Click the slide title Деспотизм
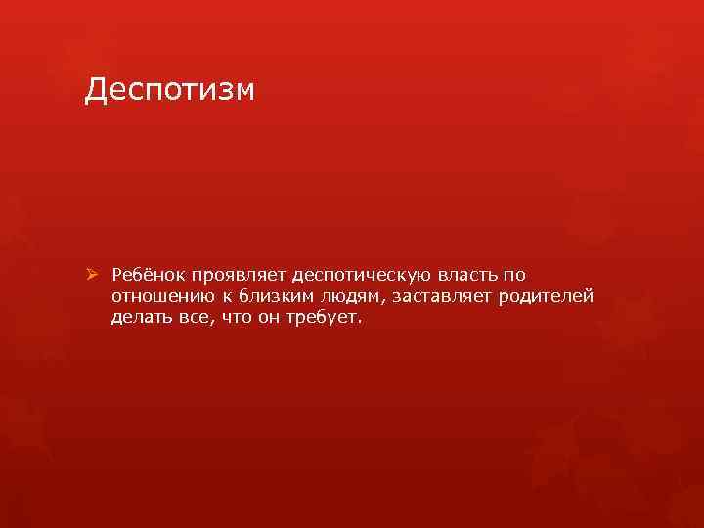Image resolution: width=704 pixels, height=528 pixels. click(x=169, y=90)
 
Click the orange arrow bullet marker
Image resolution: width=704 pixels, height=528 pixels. click(x=92, y=274)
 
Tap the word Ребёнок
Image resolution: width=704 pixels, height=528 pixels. click(x=148, y=275)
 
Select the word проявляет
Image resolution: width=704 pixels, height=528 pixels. click(x=238, y=276)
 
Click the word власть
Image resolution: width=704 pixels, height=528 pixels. click(x=467, y=275)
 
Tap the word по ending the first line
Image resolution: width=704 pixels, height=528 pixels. click(x=514, y=276)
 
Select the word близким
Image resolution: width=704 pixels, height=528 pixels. click(x=276, y=296)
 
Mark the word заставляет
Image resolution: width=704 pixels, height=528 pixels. click(x=442, y=297)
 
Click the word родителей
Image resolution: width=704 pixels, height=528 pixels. click(x=546, y=297)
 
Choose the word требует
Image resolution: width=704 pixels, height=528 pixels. click(x=322, y=318)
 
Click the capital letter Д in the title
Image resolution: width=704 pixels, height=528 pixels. click(x=96, y=91)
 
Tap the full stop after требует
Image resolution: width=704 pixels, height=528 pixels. click(x=359, y=323)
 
